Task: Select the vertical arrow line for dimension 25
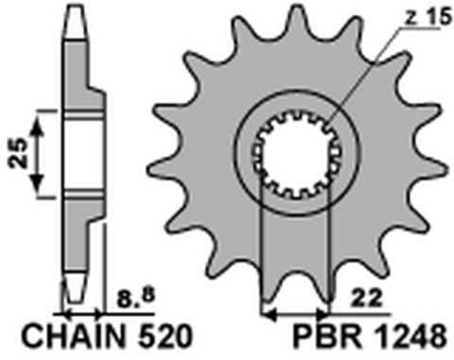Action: pyautogui.click(x=40, y=151)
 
